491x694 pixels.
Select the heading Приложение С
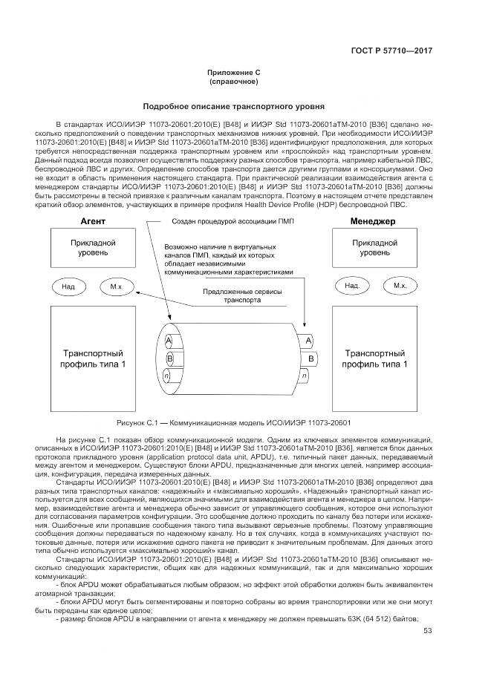(x=244, y=72)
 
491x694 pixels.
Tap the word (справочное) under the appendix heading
(x=244, y=81)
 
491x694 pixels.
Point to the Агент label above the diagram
(x=93, y=221)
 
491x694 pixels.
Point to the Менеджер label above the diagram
(x=373, y=221)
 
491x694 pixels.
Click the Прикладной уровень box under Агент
(x=93, y=248)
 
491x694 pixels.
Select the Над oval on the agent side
(x=68, y=286)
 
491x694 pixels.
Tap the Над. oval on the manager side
(x=352, y=286)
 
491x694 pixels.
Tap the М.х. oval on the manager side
(x=400, y=286)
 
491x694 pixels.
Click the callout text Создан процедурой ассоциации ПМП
(x=228, y=221)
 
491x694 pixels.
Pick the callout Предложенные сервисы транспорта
(x=244, y=297)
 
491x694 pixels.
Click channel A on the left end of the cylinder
(x=169, y=339)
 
